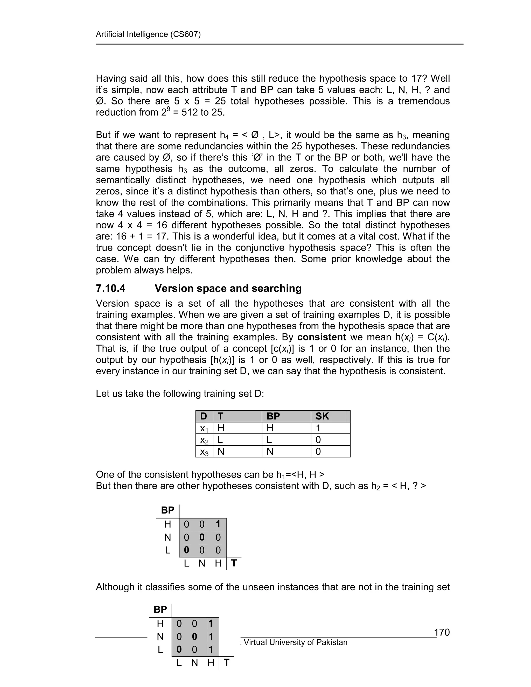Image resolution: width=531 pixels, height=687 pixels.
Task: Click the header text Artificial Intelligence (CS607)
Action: coord(148,34)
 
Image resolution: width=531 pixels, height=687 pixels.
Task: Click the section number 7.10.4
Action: coord(110,288)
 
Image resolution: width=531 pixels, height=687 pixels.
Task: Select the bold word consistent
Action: coord(322,337)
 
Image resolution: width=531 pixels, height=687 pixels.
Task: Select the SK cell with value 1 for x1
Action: coord(318,428)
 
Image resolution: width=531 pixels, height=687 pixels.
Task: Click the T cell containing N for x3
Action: coord(221,452)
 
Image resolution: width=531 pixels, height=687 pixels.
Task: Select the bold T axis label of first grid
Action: coord(234,563)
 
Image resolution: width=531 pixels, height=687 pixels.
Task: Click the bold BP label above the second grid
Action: coord(160,610)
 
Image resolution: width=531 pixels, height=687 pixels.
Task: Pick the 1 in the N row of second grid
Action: coord(211,637)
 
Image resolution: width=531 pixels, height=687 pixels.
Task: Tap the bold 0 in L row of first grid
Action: coord(186,550)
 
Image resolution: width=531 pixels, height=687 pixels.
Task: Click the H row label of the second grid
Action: coord(160,623)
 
